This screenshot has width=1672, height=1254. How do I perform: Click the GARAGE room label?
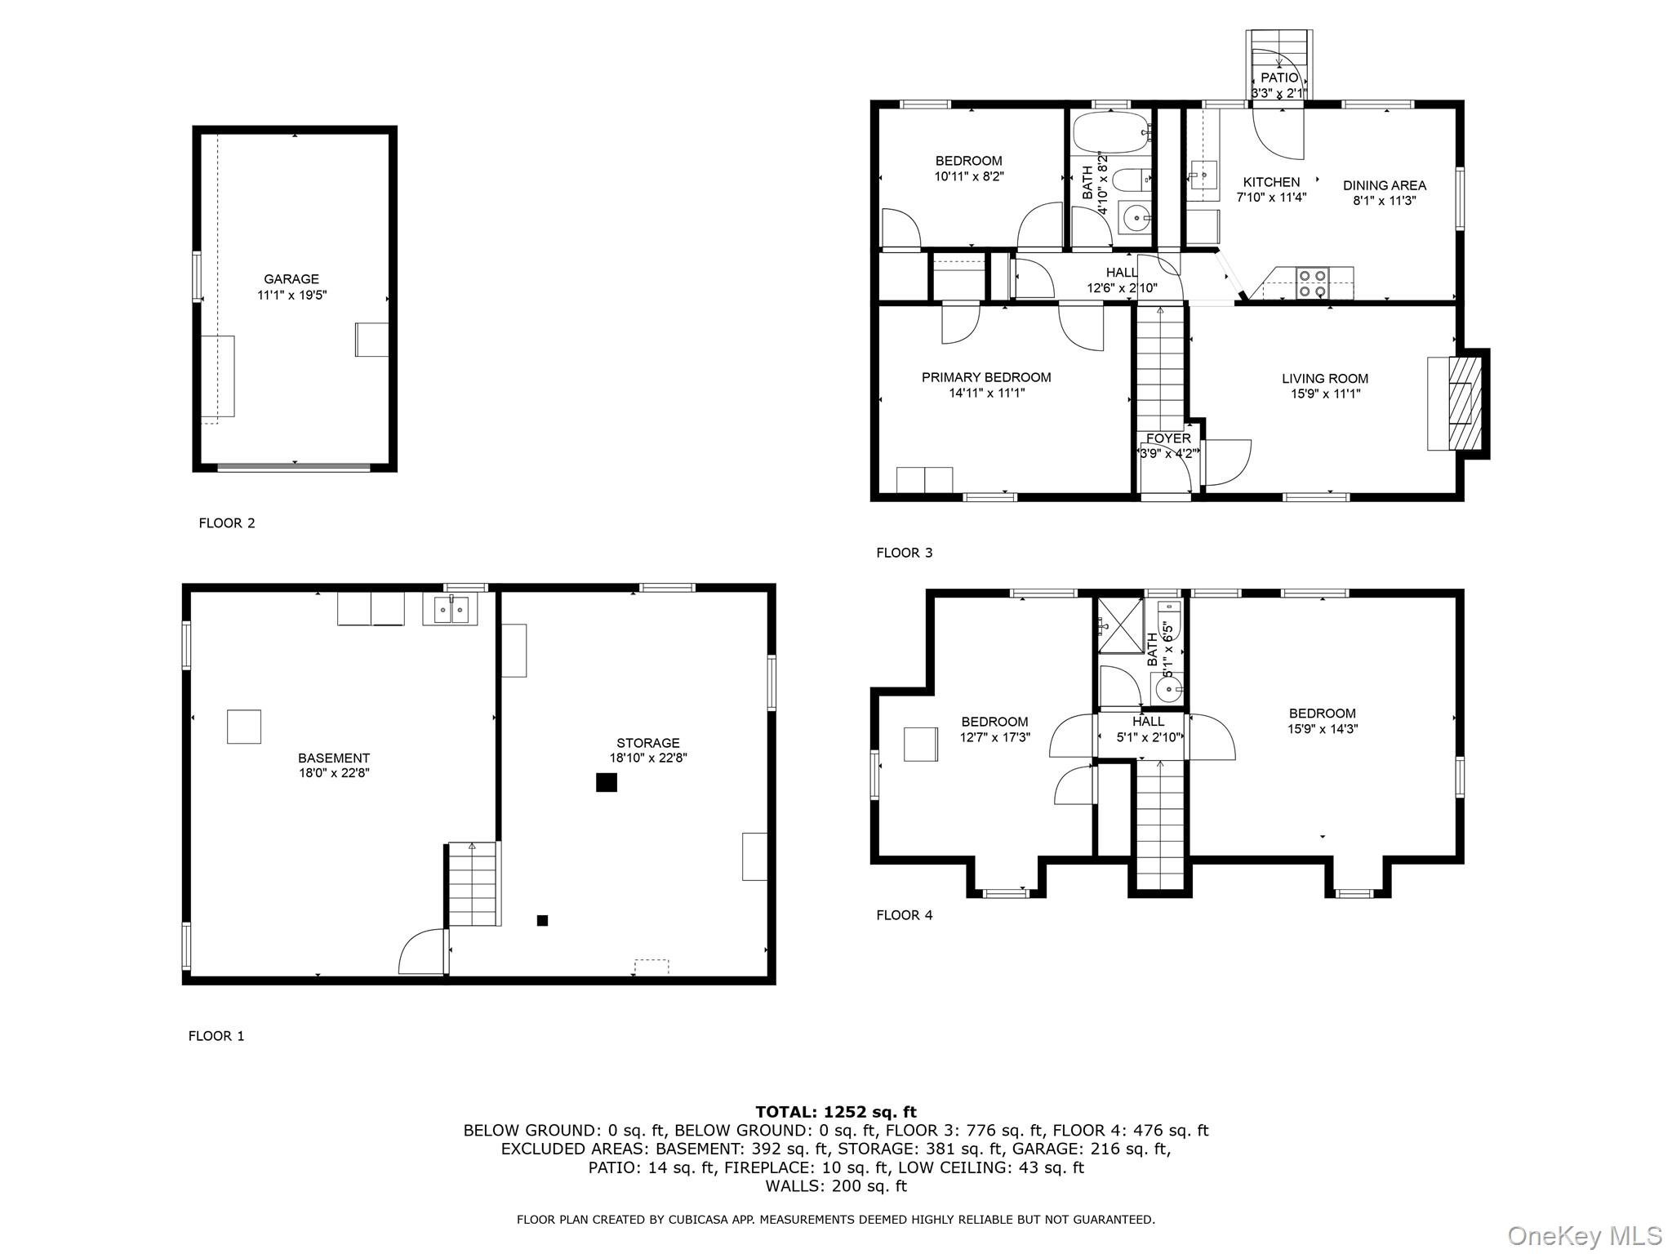point(291,279)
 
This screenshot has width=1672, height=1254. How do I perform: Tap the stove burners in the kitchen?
point(1312,282)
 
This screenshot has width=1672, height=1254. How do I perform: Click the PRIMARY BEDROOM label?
point(986,377)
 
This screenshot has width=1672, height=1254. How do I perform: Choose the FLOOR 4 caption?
point(904,915)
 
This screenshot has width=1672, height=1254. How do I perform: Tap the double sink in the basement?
point(449,609)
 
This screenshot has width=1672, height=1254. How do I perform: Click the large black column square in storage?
point(606,782)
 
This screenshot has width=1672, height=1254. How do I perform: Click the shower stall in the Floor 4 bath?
point(1120,626)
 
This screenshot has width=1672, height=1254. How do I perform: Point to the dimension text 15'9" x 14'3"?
point(1323,729)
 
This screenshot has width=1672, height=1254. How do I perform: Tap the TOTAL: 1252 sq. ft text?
point(836,1112)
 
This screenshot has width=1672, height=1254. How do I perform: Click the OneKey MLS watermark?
point(1585,1235)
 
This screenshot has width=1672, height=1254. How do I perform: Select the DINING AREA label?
point(1385,185)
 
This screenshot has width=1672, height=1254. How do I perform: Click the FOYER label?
point(1168,438)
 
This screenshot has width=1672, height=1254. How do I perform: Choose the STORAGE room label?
point(648,743)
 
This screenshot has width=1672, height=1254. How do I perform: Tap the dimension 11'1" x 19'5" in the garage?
point(291,295)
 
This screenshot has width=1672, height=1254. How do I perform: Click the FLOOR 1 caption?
point(216,1036)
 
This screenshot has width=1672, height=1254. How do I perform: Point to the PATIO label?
point(1279,78)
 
